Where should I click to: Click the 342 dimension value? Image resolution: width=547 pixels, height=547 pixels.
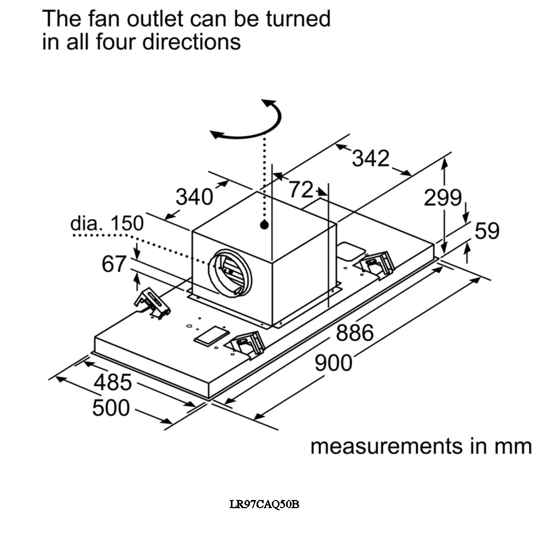click(370, 159)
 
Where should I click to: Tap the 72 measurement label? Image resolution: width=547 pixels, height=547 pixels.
click(301, 190)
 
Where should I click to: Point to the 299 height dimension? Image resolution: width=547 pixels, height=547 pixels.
click(443, 198)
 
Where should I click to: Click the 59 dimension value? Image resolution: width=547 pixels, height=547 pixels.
click(487, 231)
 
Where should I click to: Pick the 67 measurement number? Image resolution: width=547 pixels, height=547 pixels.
click(114, 265)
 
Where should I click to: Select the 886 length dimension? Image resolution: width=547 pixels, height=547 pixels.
click(354, 333)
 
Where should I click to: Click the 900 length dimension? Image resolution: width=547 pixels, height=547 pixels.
click(334, 363)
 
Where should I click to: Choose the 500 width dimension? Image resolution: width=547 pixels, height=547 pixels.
click(111, 408)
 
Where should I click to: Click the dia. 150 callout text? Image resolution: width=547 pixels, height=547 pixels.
click(107, 224)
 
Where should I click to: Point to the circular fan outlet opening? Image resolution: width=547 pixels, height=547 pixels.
click(230, 272)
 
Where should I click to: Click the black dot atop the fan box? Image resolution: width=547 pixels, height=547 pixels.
click(264, 224)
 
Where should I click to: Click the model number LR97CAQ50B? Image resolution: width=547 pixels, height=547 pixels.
click(264, 504)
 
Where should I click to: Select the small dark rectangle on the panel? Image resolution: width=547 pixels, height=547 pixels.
click(212, 336)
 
